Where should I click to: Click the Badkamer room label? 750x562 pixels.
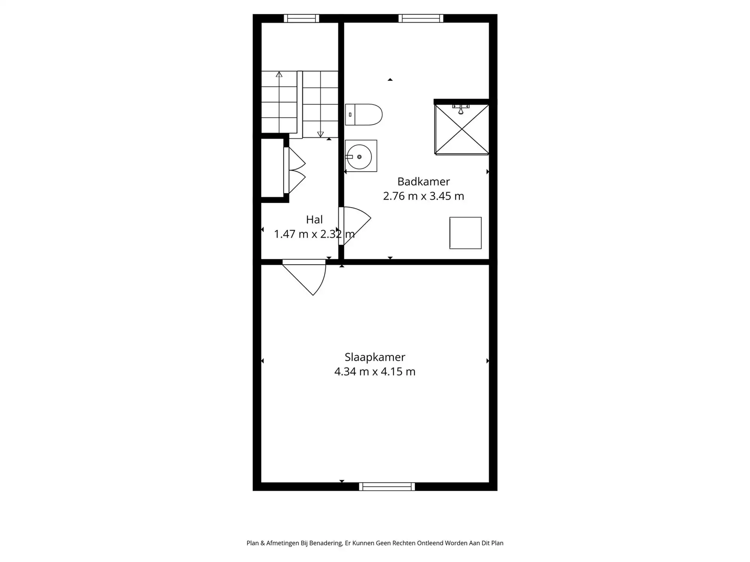tap(423, 182)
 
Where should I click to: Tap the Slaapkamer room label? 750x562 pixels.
tap(375, 357)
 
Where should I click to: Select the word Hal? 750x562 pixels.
tap(314, 220)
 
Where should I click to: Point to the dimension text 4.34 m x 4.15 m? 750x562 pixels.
tap(375, 372)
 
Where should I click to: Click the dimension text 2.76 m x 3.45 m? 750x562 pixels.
tap(423, 196)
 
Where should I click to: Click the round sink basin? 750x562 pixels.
tap(359, 157)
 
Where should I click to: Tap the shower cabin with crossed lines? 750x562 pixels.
tap(462, 129)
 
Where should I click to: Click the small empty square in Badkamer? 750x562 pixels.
tap(465, 233)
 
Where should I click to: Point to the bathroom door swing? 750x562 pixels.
tap(356, 225)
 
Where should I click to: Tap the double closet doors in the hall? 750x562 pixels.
tap(296, 170)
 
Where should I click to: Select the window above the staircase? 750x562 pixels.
tap(301, 18)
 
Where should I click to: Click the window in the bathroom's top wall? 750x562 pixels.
tap(421, 18)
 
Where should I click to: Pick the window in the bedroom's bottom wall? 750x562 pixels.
tap(387, 487)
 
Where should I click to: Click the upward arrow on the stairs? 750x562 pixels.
tap(279, 74)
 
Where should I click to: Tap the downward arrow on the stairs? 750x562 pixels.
tap(320, 134)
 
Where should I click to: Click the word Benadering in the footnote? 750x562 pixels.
tap(325, 543)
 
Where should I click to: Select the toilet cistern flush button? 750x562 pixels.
tap(350, 115)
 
